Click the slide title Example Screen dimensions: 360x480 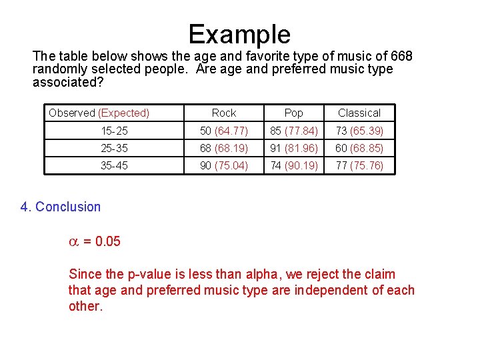click(239, 34)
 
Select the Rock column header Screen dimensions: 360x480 click(224, 113)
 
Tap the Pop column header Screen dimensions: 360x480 click(293, 113)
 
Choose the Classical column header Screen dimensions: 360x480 click(359, 113)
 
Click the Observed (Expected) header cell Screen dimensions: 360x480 click(99, 113)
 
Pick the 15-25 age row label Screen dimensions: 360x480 click(114, 131)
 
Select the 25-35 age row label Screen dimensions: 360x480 click(114, 148)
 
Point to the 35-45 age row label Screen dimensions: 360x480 click(114, 165)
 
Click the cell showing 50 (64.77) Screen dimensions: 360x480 click(224, 131)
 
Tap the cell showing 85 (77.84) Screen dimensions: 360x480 click(293, 131)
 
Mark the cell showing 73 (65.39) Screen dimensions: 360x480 click(359, 131)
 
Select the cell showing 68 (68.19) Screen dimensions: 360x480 click(224, 148)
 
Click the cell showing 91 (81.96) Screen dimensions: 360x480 click(293, 148)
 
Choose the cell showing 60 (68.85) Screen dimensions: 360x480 click(359, 148)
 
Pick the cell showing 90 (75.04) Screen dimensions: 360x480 click(224, 165)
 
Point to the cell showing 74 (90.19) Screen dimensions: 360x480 click(293, 165)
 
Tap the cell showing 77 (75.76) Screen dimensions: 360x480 click(359, 165)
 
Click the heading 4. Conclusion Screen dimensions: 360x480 click(61, 207)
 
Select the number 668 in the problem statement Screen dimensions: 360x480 click(400, 55)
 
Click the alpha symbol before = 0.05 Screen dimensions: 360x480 click(74, 241)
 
